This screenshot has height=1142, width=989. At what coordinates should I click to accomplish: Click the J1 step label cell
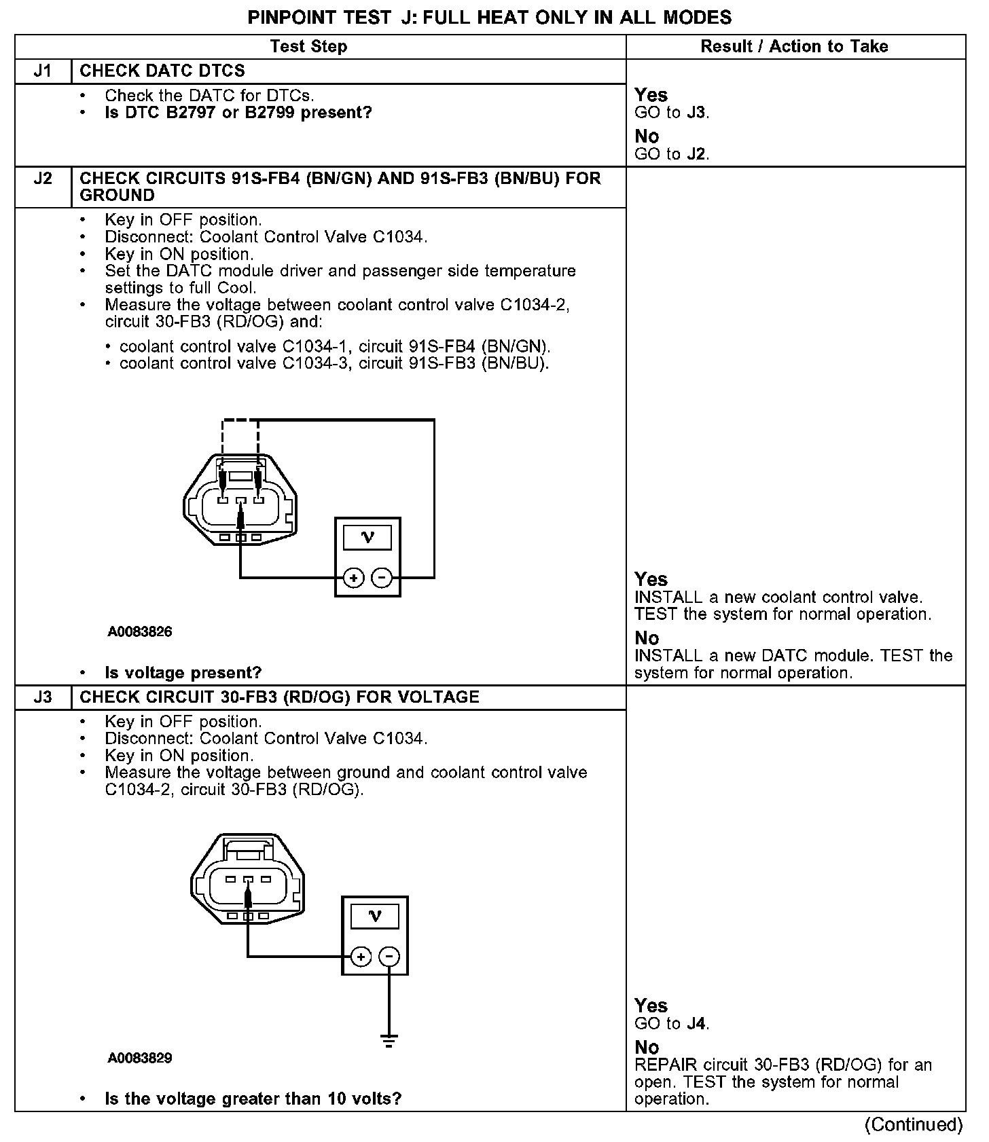pyautogui.click(x=43, y=71)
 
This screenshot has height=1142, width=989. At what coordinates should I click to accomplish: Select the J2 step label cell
pyautogui.click(x=43, y=179)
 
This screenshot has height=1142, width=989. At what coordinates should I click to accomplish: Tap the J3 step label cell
pyautogui.click(x=43, y=697)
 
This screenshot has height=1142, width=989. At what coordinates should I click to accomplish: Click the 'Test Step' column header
pyautogui.click(x=308, y=46)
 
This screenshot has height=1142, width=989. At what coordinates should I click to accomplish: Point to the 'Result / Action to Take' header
pyautogui.click(x=794, y=46)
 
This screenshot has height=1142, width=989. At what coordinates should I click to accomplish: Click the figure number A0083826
pyautogui.click(x=140, y=631)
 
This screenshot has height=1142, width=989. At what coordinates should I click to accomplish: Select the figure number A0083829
pyautogui.click(x=140, y=1058)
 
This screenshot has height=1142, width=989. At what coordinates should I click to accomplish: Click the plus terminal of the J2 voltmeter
pyautogui.click(x=353, y=578)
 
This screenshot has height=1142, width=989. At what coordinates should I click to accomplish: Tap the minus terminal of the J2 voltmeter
pyautogui.click(x=382, y=578)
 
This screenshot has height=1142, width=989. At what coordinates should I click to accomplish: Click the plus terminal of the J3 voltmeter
pyautogui.click(x=361, y=957)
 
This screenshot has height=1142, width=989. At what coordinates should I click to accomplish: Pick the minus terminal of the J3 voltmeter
pyautogui.click(x=389, y=957)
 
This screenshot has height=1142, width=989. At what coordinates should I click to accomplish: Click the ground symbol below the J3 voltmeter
pyautogui.click(x=389, y=1040)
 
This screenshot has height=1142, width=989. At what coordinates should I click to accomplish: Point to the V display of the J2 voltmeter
pyautogui.click(x=367, y=538)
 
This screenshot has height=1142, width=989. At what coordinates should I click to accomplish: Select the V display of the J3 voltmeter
pyautogui.click(x=374, y=917)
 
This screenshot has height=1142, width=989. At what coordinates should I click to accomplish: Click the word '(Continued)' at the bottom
pyautogui.click(x=914, y=1125)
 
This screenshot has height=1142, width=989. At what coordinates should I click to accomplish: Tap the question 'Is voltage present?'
pyautogui.click(x=183, y=673)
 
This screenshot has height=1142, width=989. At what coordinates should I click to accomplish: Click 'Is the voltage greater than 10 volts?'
pyautogui.click(x=253, y=1099)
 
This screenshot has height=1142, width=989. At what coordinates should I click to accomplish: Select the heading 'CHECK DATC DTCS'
pyautogui.click(x=162, y=71)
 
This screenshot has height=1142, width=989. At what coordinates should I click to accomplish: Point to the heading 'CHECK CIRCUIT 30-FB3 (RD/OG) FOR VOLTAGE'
pyautogui.click(x=279, y=697)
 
